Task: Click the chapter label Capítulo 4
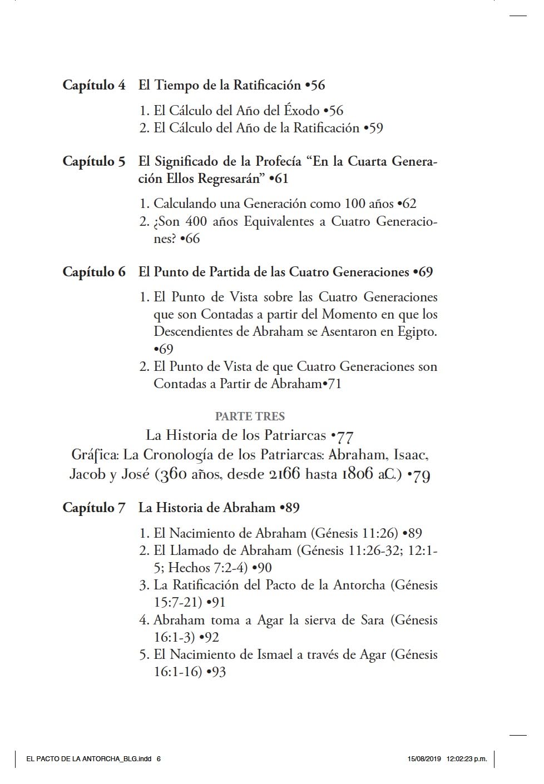click(93, 85)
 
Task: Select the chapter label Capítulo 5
click(93, 161)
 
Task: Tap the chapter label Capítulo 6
click(93, 272)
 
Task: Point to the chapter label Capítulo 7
click(93, 508)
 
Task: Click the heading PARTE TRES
click(250, 416)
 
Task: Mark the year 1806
click(357, 474)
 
